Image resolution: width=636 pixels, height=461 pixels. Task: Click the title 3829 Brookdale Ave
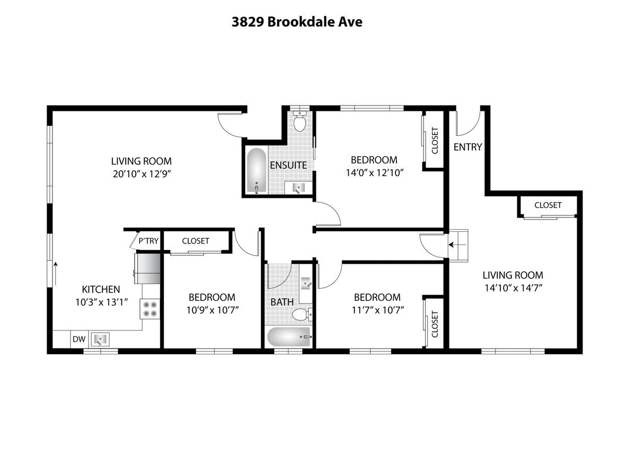click(x=297, y=22)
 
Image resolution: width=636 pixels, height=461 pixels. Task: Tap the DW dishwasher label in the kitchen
click(x=79, y=338)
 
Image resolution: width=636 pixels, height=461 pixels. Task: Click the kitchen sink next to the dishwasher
click(x=99, y=338)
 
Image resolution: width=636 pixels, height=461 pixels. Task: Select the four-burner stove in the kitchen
click(x=150, y=309)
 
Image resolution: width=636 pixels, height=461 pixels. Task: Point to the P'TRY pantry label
click(x=148, y=241)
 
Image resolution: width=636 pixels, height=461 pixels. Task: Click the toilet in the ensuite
click(x=301, y=122)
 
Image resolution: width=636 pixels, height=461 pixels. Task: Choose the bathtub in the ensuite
click(x=257, y=170)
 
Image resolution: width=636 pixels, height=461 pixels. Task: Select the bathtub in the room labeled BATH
click(x=288, y=337)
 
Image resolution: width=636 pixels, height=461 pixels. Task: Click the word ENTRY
click(x=468, y=147)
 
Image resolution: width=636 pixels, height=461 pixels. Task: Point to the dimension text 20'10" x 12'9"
click(x=142, y=173)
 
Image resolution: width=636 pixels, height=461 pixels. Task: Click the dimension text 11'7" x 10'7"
click(x=377, y=310)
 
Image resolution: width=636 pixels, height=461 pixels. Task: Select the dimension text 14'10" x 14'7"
click(x=513, y=288)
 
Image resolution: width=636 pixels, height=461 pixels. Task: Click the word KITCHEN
click(x=101, y=290)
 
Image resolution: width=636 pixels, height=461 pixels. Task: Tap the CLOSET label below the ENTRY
click(x=547, y=205)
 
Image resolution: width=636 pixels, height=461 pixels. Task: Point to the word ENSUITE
click(x=288, y=165)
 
